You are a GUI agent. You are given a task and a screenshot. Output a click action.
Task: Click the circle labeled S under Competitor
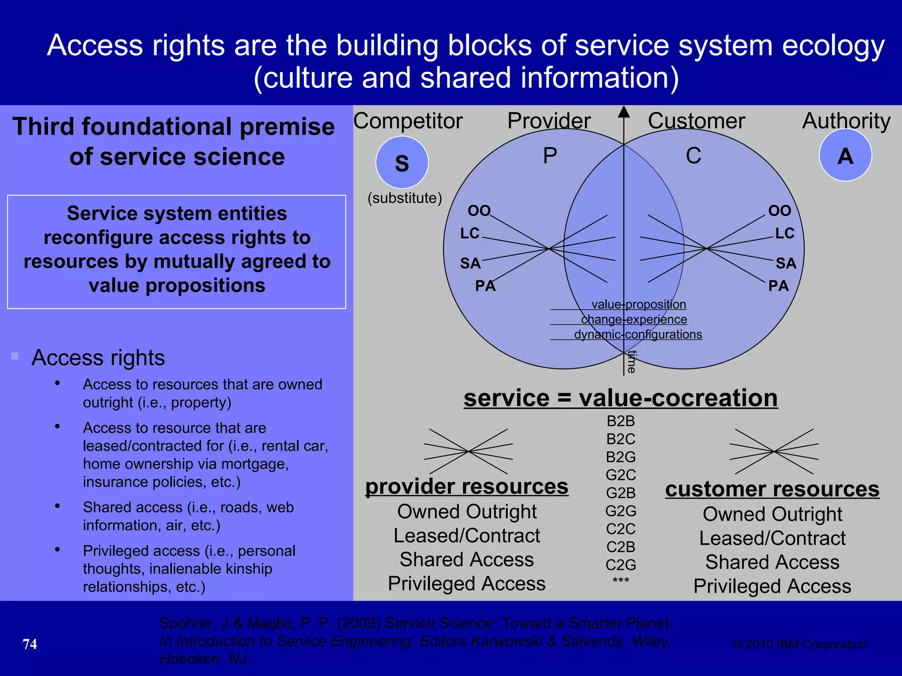pos(402,162)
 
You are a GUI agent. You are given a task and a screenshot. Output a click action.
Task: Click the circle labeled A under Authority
pos(845,155)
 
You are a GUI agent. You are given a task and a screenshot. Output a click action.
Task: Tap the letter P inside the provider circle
pos(550,155)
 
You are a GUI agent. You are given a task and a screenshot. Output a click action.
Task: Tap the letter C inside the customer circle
pos(693,155)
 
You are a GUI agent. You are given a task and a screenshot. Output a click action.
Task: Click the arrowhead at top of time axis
pos(624,112)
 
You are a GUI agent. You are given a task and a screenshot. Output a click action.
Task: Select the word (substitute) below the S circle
pos(404,198)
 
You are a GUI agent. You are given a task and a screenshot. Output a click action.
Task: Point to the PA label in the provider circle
pos(485,286)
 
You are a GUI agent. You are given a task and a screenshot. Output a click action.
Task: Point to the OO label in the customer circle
pos(779,210)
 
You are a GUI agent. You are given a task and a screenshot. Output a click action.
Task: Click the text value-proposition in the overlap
pos(639,304)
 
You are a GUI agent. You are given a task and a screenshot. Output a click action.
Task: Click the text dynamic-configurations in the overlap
pos(638,334)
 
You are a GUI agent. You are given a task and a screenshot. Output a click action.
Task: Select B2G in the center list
pos(621,457)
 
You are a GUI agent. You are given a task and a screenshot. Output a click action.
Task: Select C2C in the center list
pos(621,529)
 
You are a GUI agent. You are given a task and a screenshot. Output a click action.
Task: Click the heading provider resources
pos(466,486)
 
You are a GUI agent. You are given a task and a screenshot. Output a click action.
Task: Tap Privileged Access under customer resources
pos(772,586)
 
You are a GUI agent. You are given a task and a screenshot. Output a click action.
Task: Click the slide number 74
pos(30,644)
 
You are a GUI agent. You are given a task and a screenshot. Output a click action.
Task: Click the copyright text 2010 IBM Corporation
pos(800,644)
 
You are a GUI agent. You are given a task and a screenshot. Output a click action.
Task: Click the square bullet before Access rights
pos(15,356)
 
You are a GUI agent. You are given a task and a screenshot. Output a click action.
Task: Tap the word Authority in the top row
pos(846,121)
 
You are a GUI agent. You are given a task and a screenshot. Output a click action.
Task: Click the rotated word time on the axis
pos(632,362)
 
